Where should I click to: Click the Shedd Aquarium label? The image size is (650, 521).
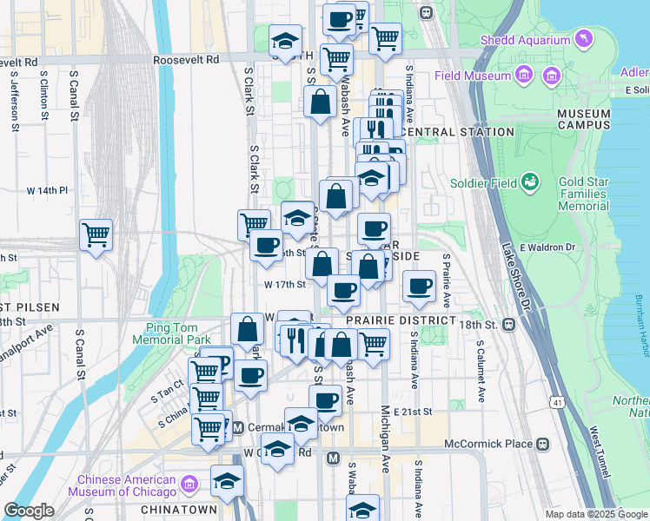(527, 41)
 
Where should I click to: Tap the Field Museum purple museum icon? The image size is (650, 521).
(524, 76)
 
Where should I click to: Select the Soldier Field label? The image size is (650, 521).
(484, 183)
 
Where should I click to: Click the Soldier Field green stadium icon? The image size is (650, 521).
(528, 182)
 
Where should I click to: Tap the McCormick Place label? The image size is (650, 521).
(487, 444)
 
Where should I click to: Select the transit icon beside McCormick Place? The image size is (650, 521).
(543, 444)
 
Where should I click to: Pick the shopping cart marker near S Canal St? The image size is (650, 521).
(96, 234)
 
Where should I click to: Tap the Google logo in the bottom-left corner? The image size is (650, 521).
(28, 511)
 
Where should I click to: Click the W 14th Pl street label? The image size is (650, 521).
(47, 189)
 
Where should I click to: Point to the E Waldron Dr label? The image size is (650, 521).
(548, 247)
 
